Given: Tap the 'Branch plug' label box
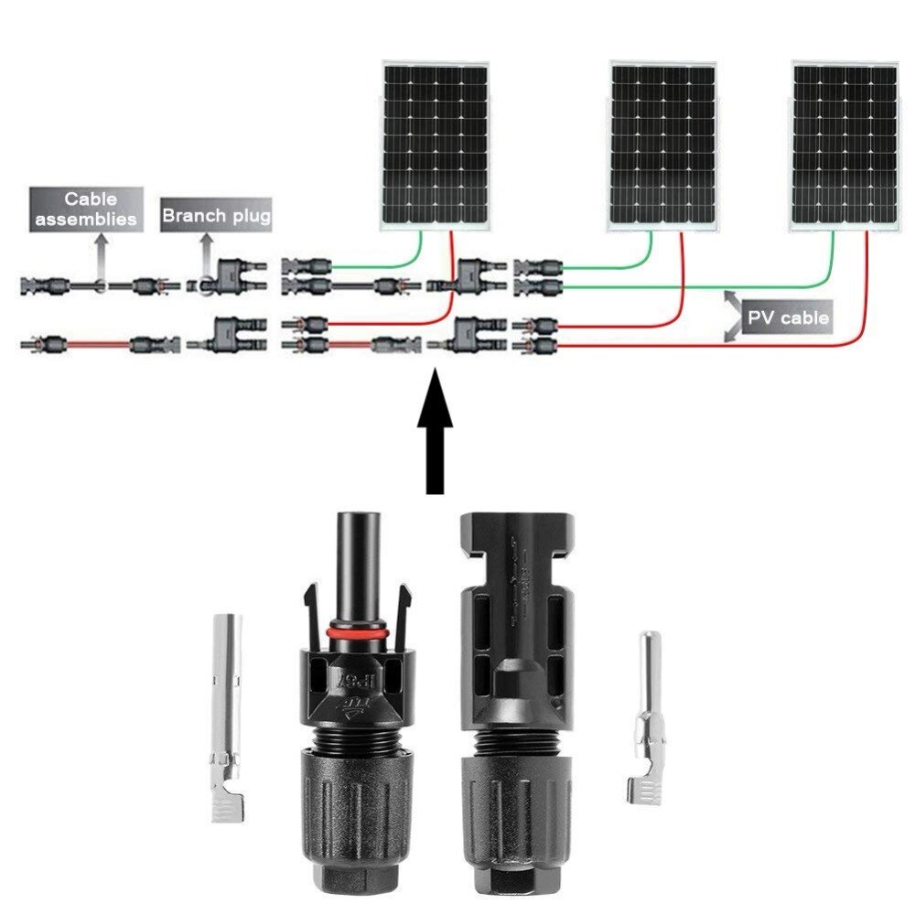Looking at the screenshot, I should [x=216, y=217].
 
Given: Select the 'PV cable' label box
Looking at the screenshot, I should [x=788, y=318].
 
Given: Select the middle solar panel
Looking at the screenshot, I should [x=663, y=145].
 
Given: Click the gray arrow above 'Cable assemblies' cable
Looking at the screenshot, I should [x=99, y=252].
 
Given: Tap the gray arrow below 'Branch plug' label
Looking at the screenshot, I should [x=206, y=251].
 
